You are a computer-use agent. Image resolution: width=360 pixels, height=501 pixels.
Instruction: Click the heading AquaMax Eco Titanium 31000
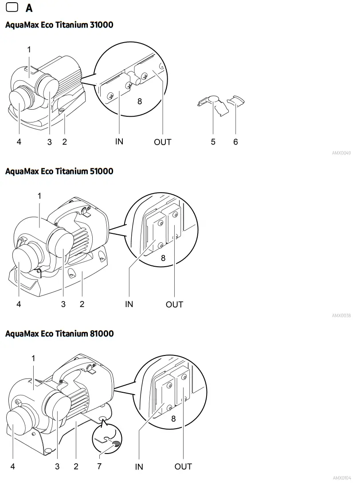tap(59, 25)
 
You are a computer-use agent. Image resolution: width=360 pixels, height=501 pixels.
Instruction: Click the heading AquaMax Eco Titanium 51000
tap(59, 171)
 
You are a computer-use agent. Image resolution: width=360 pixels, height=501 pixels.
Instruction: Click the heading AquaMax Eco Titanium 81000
tap(59, 334)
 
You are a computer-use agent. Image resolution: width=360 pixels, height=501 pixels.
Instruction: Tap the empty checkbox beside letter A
tap(12, 8)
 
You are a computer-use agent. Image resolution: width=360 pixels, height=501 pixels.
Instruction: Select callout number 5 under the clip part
tap(213, 142)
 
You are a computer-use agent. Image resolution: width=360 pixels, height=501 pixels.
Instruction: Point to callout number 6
tap(235, 142)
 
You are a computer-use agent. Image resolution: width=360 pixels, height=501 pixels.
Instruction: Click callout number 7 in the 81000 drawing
tap(99, 466)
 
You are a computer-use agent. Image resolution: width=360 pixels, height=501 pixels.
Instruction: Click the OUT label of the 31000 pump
tap(162, 142)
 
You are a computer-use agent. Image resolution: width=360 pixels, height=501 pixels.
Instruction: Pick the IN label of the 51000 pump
tap(129, 304)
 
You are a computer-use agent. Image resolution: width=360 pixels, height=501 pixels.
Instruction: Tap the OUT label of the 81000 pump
tap(183, 466)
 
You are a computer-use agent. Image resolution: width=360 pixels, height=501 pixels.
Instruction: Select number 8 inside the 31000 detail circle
tap(140, 101)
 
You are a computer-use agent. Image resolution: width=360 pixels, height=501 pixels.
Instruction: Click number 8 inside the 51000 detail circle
tap(163, 258)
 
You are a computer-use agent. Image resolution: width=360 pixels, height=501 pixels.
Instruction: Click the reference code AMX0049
tap(341, 153)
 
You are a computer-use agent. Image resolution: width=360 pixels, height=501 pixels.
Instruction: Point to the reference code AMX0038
tap(341, 316)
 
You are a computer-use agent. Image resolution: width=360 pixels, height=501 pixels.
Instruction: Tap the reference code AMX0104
tap(341, 478)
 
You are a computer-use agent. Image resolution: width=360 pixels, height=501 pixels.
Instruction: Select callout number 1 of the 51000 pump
tap(39, 196)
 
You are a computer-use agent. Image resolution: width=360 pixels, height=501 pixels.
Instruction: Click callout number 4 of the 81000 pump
tap(13, 466)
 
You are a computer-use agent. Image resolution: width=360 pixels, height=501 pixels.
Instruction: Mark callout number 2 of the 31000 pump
tap(64, 142)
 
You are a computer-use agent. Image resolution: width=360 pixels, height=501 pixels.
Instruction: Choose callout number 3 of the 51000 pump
tap(63, 304)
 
